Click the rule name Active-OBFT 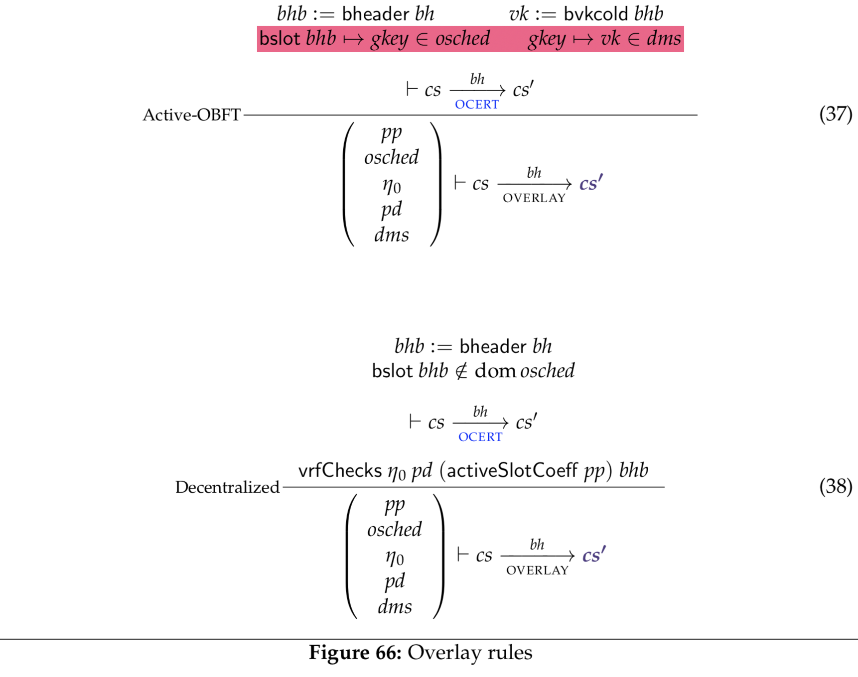click(x=191, y=115)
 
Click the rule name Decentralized click(x=227, y=487)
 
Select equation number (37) click(x=836, y=114)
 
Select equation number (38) click(x=836, y=486)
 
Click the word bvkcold click(x=595, y=14)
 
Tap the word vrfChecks click(x=340, y=470)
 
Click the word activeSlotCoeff click(x=512, y=470)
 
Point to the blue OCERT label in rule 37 click(x=477, y=105)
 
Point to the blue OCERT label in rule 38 click(x=480, y=437)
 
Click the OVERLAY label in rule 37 click(x=534, y=198)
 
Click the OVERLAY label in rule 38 click(x=537, y=570)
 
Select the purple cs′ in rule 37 click(x=591, y=183)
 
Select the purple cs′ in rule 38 click(x=594, y=555)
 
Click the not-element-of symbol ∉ click(x=461, y=371)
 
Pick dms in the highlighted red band click(x=664, y=39)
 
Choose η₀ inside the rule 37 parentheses click(x=392, y=186)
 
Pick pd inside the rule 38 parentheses click(x=395, y=581)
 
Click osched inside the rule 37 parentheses click(x=392, y=157)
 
